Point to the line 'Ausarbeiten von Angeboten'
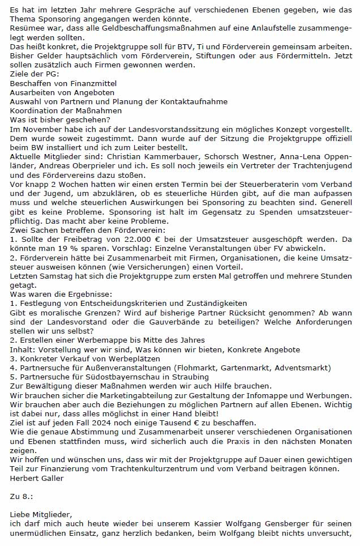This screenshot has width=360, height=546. pyautogui.click(x=62, y=92)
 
